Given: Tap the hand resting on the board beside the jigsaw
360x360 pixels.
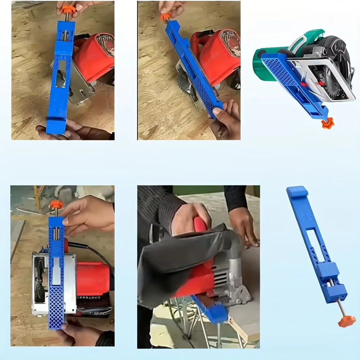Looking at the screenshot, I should tap(245, 227).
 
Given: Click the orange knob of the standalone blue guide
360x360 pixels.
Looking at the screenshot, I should tap(346, 321).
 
